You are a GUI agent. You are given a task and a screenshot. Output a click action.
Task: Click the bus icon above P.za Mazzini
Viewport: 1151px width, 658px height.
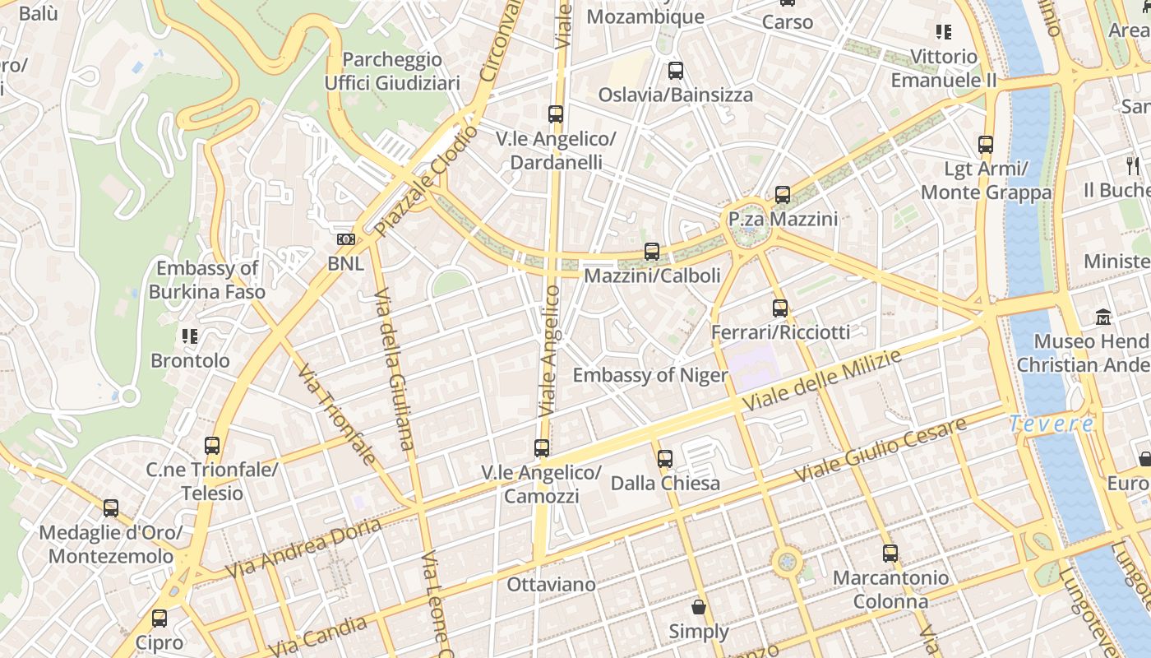[783, 195]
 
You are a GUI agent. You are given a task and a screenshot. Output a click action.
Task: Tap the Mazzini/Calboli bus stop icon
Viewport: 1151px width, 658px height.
[652, 251]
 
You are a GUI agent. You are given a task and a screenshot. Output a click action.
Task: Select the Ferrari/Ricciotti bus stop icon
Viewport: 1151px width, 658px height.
[780, 308]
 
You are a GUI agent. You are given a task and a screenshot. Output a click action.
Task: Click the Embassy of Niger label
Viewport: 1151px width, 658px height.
[650, 376]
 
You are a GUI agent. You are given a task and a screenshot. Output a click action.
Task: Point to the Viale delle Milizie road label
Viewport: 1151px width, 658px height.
[822, 380]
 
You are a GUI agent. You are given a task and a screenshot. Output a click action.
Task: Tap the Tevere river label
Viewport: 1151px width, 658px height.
[1052, 424]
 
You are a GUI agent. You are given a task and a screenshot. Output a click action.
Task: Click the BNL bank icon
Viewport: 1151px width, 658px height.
[346, 239]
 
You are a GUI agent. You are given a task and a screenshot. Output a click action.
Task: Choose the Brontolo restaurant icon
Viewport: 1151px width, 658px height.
[190, 336]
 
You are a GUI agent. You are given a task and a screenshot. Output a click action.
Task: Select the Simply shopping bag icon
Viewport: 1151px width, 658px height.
[699, 607]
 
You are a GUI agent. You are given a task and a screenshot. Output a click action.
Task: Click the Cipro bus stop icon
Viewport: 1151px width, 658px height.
[159, 618]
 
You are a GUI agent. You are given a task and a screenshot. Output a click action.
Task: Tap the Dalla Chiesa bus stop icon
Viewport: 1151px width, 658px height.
[665, 458]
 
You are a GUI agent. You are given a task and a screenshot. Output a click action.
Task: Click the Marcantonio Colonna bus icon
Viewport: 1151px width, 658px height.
[890, 554]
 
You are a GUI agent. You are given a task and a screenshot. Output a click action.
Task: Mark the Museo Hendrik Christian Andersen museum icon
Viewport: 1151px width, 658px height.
[1102, 317]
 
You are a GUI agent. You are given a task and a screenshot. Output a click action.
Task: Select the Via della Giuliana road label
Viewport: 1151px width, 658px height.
[394, 368]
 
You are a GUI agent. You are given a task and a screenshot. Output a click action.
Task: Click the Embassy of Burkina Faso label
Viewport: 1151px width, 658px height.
[207, 280]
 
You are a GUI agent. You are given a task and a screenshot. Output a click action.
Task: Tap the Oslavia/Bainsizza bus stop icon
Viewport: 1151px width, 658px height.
[676, 71]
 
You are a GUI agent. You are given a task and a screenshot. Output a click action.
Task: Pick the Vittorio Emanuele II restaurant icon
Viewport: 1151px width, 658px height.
[943, 32]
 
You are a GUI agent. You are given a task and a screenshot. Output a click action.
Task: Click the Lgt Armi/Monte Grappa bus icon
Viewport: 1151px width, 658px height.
[986, 145]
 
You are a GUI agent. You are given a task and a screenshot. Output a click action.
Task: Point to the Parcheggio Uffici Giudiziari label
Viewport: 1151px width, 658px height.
[392, 72]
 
